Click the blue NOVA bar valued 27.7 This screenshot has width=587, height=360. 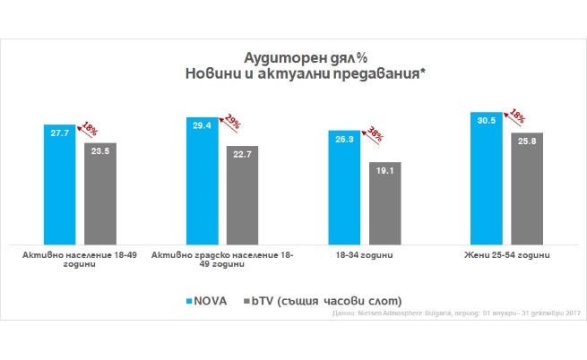[60, 184]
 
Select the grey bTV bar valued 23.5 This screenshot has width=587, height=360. [99, 193]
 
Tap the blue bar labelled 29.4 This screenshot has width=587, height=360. [203, 179]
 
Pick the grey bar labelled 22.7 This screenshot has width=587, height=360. [242, 194]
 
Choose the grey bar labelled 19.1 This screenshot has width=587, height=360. [385, 201]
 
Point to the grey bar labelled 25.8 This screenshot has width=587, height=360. [528, 187]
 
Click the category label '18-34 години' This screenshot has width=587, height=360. [366, 256]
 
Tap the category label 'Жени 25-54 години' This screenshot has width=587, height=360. [509, 256]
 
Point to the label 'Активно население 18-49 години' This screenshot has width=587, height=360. [80, 261]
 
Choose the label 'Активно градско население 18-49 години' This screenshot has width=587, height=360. [223, 261]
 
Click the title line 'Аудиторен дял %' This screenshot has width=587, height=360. [295, 56]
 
